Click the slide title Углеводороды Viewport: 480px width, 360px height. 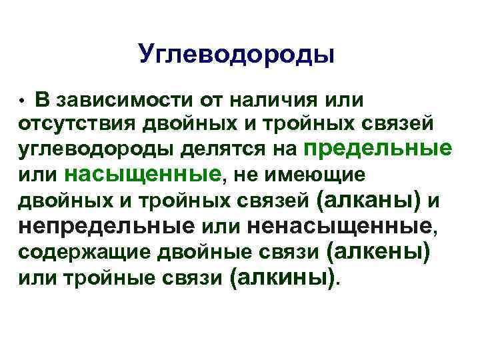(x=237, y=54)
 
